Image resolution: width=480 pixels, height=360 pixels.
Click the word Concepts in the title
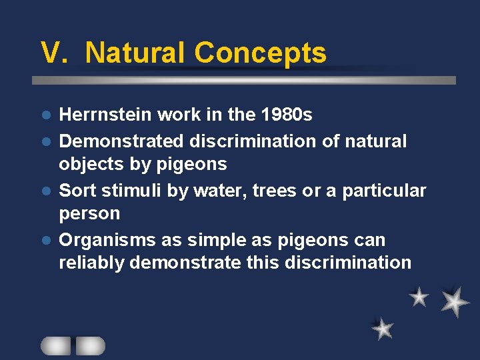click(x=260, y=53)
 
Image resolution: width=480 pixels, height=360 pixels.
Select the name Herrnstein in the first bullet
click(x=105, y=115)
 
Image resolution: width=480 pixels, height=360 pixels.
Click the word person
click(x=89, y=214)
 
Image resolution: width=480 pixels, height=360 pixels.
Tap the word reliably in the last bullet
click(x=91, y=263)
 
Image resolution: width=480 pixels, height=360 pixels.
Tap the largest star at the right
click(x=455, y=301)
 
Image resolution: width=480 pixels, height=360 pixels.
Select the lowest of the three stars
click(x=383, y=328)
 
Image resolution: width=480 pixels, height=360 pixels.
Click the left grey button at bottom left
click(x=55, y=345)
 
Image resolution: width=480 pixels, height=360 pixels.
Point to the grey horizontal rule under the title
click(x=244, y=80)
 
